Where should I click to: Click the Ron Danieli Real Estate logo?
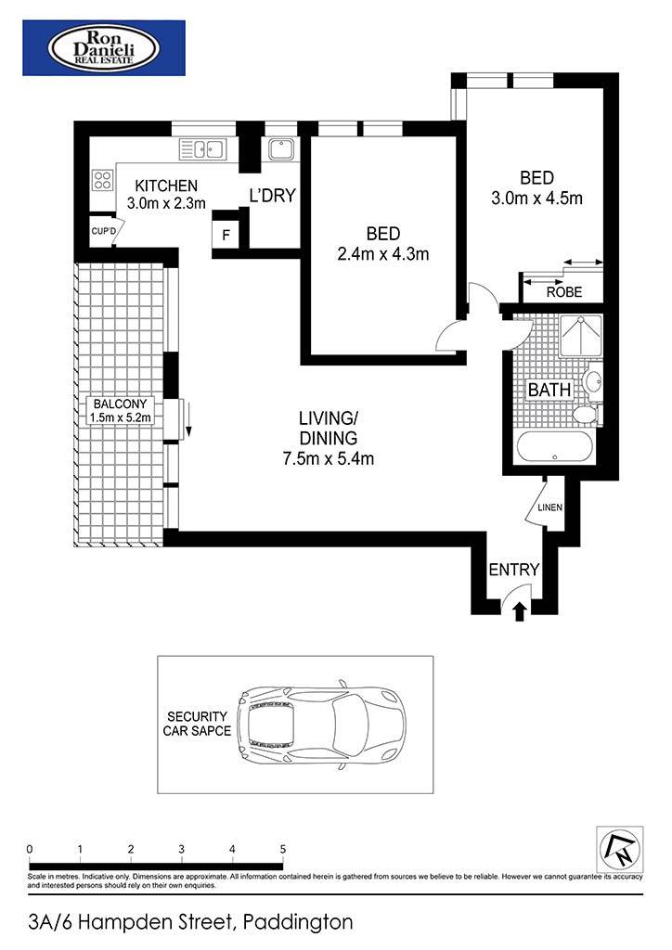104,48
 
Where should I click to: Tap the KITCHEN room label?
166,186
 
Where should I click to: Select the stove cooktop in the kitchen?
102,180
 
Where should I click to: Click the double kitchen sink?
202,148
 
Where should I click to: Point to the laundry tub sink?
281,148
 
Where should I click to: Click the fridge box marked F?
226,235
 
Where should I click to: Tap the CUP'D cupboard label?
102,231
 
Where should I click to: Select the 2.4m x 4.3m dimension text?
383,254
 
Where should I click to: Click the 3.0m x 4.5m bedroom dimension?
536,199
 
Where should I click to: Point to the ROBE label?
564,292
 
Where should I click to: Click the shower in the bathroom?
580,335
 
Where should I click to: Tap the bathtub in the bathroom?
554,447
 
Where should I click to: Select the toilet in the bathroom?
586,415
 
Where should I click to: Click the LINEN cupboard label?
550,507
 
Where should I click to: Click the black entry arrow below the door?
519,612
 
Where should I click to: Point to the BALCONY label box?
120,410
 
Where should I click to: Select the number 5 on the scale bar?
282,850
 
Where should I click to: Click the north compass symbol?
620,850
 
